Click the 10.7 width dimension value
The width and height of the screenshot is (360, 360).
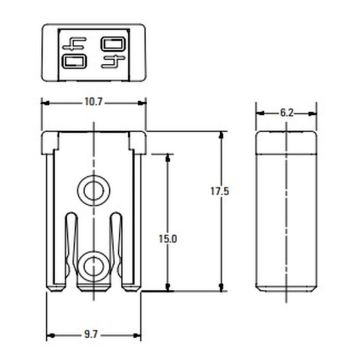click(x=94, y=102)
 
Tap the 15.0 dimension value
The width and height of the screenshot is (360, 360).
click(x=167, y=239)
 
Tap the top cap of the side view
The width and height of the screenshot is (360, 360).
click(x=287, y=141)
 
